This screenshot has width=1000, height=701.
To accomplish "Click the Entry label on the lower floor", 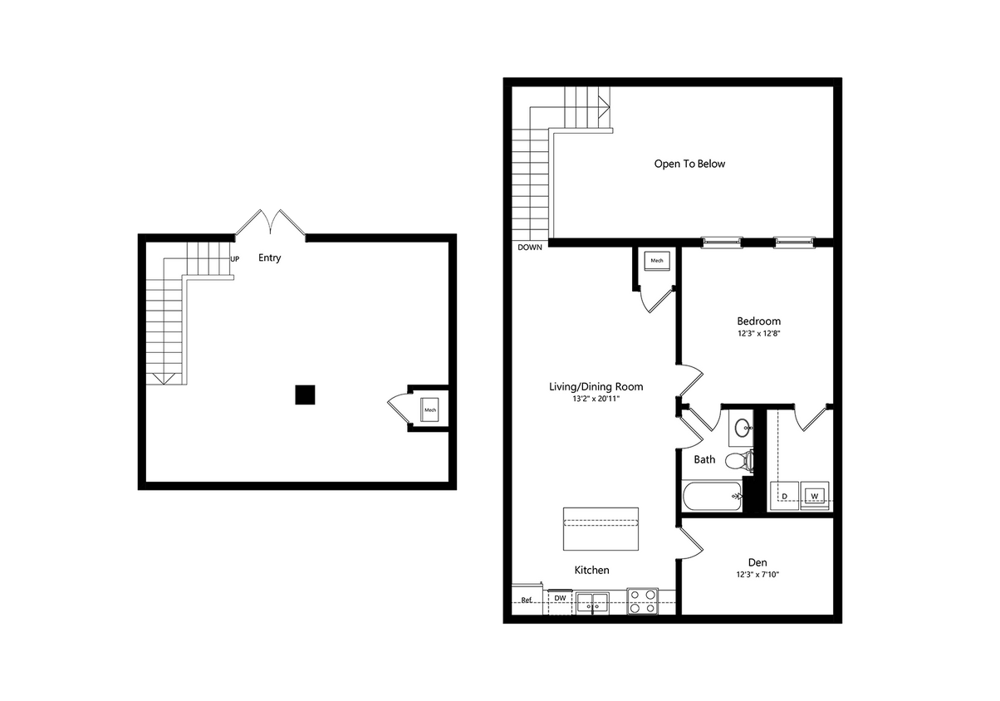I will click(269, 257).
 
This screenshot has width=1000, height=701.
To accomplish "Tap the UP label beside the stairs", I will click(234, 259).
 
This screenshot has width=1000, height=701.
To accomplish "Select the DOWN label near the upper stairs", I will click(530, 247).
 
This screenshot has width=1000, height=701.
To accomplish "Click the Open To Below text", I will click(689, 164).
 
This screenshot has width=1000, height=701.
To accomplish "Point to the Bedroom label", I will click(758, 321).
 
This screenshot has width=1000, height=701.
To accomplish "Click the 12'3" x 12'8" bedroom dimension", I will click(758, 334).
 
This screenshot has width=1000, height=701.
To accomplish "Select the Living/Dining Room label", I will click(596, 386).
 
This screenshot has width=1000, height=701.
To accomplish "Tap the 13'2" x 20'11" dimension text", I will click(596, 399).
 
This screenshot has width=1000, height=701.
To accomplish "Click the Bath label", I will click(704, 459).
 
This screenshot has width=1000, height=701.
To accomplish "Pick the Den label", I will click(758, 562).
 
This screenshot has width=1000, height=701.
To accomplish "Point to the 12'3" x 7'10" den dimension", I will click(758, 575).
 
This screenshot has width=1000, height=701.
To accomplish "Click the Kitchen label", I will click(592, 570).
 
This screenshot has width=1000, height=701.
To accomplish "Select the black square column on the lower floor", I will click(305, 395).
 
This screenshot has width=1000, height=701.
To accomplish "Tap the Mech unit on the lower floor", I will click(430, 409).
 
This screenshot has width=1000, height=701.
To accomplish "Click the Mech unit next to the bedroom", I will click(657, 261).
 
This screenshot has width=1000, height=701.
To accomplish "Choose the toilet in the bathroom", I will click(738, 459).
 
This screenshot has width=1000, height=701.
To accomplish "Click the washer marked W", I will click(814, 495).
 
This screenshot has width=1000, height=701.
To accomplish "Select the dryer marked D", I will click(785, 495).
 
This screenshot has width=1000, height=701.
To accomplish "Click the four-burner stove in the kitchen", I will click(642, 601).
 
